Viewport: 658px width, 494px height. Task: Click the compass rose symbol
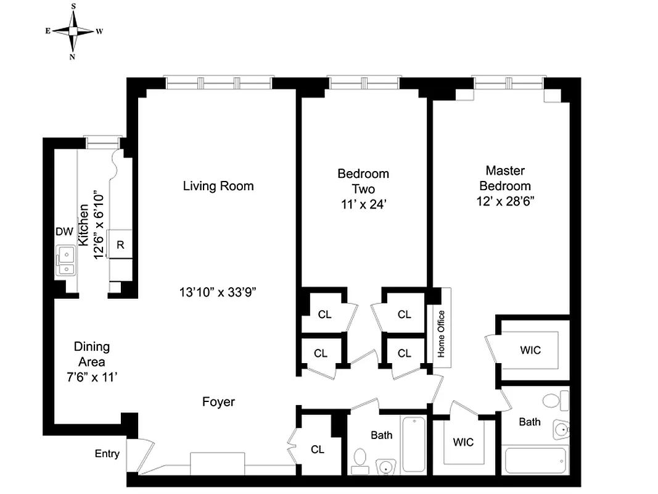tap(73, 31)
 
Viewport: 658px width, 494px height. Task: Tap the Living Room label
tap(218, 186)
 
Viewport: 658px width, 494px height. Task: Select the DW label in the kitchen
tap(64, 232)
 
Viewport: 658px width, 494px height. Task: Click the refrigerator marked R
tap(121, 245)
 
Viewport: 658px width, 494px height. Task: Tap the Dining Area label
tap(91, 354)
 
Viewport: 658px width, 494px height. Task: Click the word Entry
tap(107, 454)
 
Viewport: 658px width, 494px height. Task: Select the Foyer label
tap(218, 402)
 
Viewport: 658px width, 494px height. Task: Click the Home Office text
tap(441, 334)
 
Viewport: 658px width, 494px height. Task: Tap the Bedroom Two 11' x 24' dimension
tap(363, 205)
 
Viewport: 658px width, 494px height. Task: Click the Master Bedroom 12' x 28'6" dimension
tap(504, 201)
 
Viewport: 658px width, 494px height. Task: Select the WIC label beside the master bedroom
tap(530, 350)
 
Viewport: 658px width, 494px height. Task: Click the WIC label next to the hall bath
tap(463, 442)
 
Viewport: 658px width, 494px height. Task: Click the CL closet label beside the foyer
tap(317, 450)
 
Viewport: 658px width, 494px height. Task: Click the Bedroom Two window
tap(363, 83)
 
